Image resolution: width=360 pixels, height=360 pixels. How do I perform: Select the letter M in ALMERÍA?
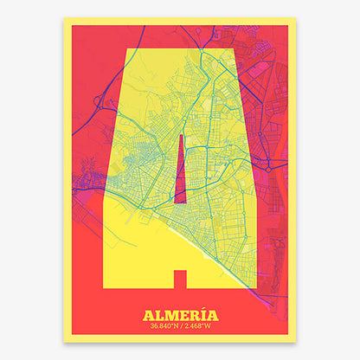pos(170,315)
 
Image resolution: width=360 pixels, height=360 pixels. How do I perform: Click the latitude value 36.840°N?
pos(165,326)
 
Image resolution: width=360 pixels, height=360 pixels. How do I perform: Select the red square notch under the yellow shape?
pos(180,279)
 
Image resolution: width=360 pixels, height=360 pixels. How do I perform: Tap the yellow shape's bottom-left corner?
pos(106,287)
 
